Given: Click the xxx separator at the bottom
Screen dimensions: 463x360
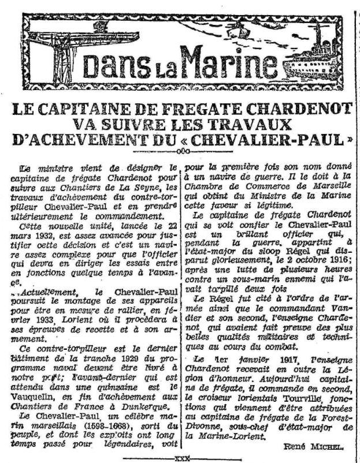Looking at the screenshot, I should pyautogui.click(x=183, y=455).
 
